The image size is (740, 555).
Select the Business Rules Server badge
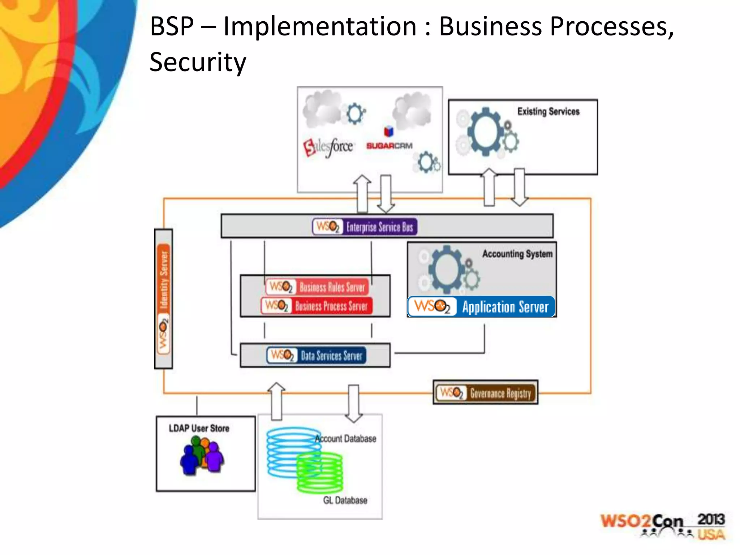pyautogui.click(x=317, y=287)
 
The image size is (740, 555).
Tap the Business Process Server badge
pyautogui.click(x=317, y=306)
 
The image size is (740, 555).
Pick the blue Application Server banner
pyautogui.click(x=481, y=307)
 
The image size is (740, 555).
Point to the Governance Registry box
pyautogui.click(x=485, y=392)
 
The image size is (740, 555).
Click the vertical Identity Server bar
pyautogui.click(x=163, y=298)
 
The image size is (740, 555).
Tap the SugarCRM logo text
pyautogui.click(x=389, y=146)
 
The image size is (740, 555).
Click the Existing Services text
pyautogui.click(x=548, y=111)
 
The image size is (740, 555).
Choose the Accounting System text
pyautogui.click(x=517, y=254)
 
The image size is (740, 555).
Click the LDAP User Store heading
pyautogui.click(x=199, y=428)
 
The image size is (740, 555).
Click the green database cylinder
pyautogui.click(x=320, y=473)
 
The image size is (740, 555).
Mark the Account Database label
pyautogui.click(x=346, y=439)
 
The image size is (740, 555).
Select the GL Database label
pyautogui.click(x=345, y=500)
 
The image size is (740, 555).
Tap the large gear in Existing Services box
pyautogui.click(x=486, y=132)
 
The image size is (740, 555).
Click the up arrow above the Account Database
pyautogui.click(x=276, y=401)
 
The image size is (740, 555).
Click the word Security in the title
pyautogui.click(x=198, y=62)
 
